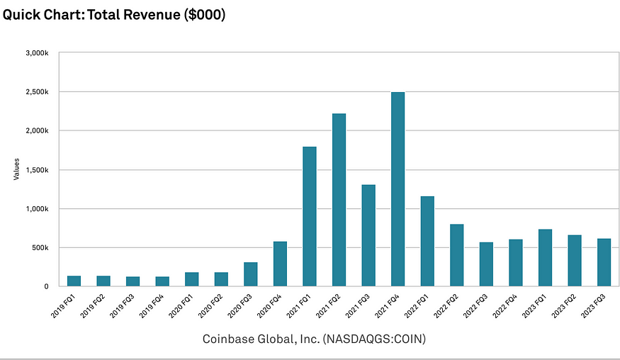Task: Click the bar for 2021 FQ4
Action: point(398,189)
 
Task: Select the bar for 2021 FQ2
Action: point(339,200)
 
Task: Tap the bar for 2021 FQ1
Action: point(310,216)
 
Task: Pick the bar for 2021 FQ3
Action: point(368,235)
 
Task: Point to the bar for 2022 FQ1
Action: point(427,241)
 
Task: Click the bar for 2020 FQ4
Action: point(280,264)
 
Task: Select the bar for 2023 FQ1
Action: point(545,258)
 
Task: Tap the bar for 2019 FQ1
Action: point(74,281)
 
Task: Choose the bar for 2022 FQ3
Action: point(486,264)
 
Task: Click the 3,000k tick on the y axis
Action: point(36,53)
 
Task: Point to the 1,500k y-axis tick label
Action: point(36,170)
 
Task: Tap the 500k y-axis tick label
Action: point(39,248)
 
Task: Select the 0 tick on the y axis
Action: point(46,286)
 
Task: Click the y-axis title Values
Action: point(16,169)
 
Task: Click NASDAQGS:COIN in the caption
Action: point(373,339)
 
